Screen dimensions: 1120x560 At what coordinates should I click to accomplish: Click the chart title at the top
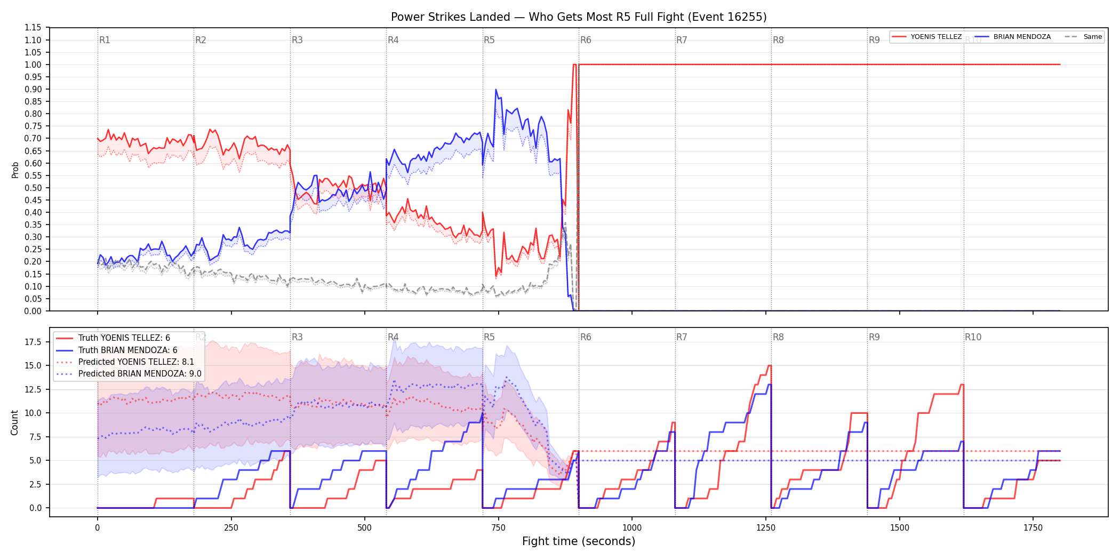[x=579, y=17]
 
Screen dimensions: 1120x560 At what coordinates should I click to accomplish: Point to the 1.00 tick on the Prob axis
[x=33, y=65]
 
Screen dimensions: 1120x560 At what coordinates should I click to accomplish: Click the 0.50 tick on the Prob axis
[x=33, y=188]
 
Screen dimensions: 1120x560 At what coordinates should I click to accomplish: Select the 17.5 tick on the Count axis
[x=33, y=342]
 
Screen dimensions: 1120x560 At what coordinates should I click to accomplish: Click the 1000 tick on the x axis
[x=632, y=528]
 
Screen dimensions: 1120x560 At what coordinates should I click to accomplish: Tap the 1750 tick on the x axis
[x=1033, y=528]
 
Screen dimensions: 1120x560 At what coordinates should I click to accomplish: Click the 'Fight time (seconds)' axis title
[x=579, y=541]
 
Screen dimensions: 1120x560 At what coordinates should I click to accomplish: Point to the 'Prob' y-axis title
[x=15, y=170]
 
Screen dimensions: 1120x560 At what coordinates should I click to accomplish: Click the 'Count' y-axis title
[x=14, y=422]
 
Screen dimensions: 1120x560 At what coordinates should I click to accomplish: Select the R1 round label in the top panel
[x=105, y=40]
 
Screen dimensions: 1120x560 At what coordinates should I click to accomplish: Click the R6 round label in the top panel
[x=586, y=40]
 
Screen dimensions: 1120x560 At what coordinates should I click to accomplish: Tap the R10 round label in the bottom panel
[x=973, y=337]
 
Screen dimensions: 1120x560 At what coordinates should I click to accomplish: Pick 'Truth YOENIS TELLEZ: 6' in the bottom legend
[x=124, y=338]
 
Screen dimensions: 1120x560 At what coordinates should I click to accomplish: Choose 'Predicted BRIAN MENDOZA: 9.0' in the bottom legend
[x=140, y=374]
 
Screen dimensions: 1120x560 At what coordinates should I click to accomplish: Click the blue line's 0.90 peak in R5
[x=496, y=90]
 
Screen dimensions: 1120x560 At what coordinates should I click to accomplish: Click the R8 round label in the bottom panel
[x=778, y=337]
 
